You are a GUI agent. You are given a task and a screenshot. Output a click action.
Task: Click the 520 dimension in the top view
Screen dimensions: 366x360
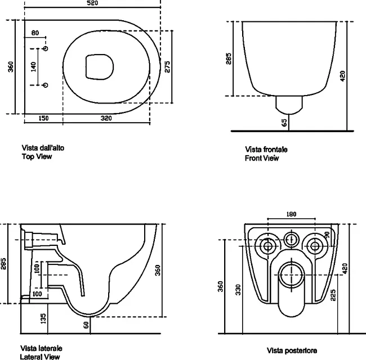92,3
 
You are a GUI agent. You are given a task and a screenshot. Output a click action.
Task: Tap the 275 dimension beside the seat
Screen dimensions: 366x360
167,67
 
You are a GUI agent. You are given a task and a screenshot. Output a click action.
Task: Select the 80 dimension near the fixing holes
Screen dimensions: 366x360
35,33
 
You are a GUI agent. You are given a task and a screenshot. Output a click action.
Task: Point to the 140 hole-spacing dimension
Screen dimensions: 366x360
34,67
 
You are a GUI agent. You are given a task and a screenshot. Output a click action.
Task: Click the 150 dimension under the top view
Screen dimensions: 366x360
43,118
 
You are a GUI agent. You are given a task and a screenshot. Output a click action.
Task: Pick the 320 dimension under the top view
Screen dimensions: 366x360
106,118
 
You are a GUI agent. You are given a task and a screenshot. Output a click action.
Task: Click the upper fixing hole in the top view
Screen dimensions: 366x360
46,48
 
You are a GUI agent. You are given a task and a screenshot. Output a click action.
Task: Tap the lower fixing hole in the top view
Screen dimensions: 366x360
46,85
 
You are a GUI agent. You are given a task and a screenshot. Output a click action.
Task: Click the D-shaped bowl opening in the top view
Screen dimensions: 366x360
100,67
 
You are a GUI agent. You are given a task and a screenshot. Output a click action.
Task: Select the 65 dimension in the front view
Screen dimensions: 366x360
284,123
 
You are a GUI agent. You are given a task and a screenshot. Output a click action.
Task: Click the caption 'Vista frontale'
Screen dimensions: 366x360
266,150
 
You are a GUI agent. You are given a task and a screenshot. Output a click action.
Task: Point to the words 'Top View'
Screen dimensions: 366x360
37,156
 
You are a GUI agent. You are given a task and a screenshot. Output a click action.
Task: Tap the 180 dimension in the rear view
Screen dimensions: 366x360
291,214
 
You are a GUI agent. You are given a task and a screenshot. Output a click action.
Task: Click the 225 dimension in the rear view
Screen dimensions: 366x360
333,295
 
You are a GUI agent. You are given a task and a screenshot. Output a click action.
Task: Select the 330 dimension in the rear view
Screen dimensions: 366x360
238,290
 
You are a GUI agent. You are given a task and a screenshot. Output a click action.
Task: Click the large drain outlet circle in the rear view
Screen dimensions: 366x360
292,274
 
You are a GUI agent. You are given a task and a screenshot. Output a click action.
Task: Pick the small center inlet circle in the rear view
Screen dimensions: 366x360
291,239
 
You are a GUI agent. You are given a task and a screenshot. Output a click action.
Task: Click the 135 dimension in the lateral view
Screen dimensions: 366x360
43,318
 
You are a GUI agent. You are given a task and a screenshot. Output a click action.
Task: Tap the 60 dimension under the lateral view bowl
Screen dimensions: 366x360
86,325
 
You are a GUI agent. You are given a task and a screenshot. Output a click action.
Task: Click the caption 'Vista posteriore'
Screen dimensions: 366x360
292,350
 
